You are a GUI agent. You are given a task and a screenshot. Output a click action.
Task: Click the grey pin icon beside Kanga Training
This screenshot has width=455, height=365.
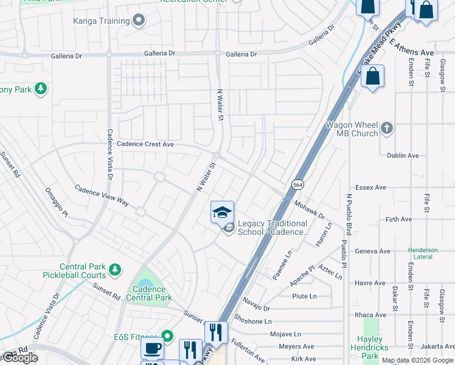click(x=139, y=21)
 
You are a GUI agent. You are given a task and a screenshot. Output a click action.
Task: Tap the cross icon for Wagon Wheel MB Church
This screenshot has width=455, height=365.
click(x=387, y=128)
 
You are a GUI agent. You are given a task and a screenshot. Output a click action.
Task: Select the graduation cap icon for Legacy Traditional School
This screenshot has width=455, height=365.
click(x=222, y=213)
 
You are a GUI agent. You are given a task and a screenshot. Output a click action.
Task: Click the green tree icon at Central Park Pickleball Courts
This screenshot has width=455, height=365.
click(x=114, y=268)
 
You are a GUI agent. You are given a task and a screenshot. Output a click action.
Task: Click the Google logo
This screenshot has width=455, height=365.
click(x=19, y=358)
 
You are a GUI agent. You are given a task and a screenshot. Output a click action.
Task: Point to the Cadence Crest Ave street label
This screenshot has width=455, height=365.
click(x=145, y=144)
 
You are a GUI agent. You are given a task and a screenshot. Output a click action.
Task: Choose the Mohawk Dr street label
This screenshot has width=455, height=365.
click(x=309, y=210)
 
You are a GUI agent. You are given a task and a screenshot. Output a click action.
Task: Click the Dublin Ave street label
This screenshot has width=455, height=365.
click(x=403, y=156)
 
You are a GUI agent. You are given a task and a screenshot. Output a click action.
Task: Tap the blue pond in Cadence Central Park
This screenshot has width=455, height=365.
click(x=145, y=283)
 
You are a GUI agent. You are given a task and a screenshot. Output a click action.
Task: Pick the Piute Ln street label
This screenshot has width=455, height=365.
click(x=304, y=296)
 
